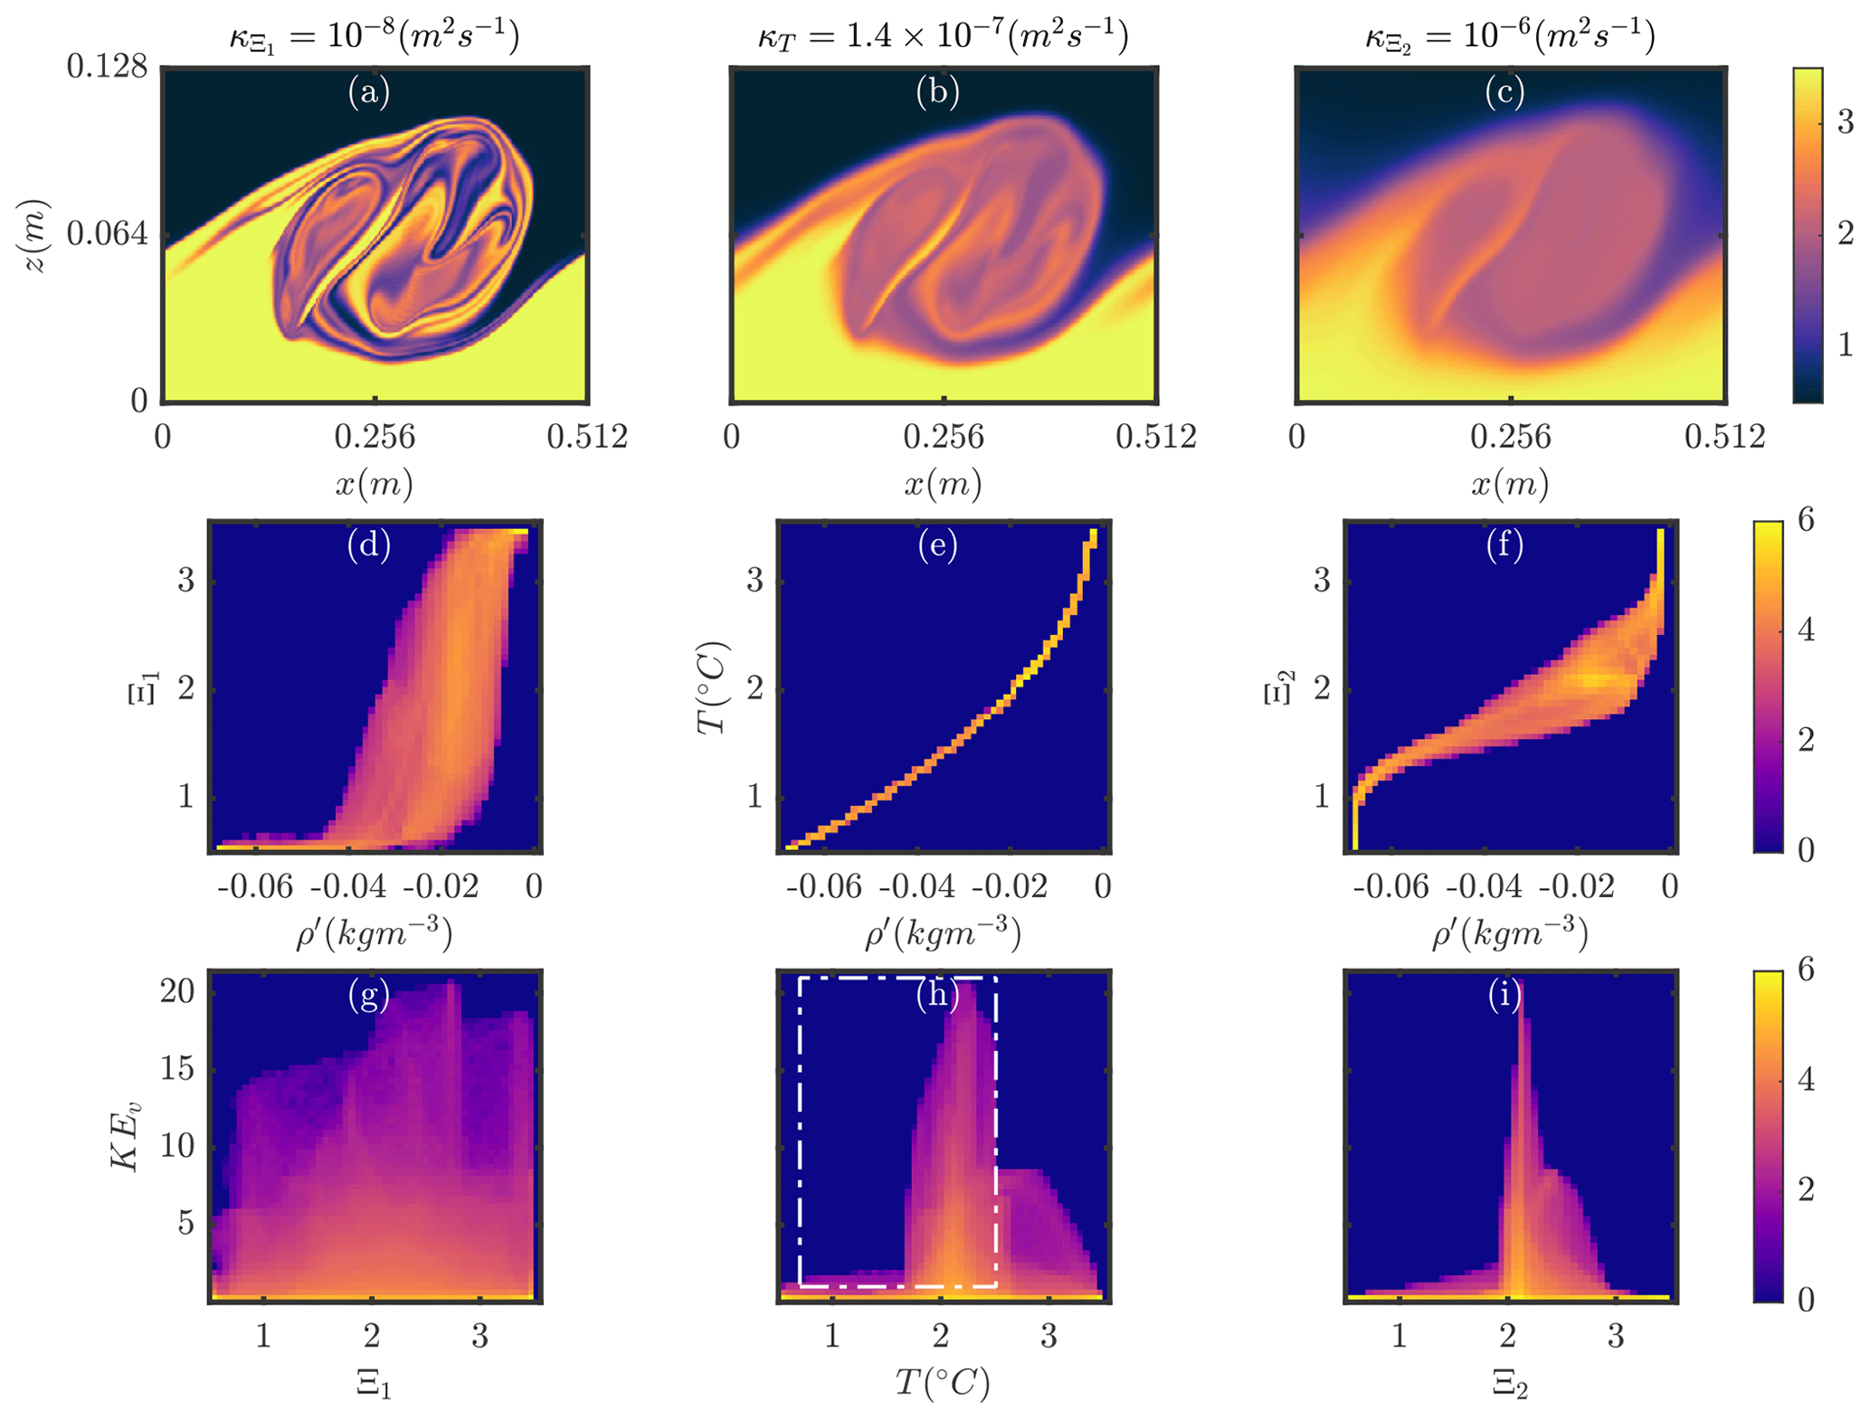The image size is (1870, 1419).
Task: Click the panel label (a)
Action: pyautogui.click(x=368, y=92)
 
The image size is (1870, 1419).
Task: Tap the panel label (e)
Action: pyautogui.click(x=937, y=545)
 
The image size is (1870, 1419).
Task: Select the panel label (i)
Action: pyautogui.click(x=1505, y=995)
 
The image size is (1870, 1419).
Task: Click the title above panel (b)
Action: pyautogui.click(x=943, y=36)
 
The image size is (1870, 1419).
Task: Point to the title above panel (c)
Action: pyautogui.click(x=1510, y=36)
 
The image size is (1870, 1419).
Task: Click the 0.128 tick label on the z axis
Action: pyautogui.click(x=107, y=66)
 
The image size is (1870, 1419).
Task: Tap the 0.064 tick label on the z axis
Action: pyautogui.click(x=107, y=233)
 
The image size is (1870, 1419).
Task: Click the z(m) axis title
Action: pyautogui.click(x=34, y=235)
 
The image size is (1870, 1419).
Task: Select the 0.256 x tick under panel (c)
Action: pyautogui.click(x=1510, y=437)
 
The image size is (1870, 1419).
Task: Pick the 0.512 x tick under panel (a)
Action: pyautogui.click(x=587, y=437)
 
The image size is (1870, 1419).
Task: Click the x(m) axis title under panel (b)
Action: pyautogui.click(x=943, y=485)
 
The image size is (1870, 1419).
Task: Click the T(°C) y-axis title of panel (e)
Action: pyautogui.click(x=713, y=687)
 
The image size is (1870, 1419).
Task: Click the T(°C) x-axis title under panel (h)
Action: pyautogui.click(x=943, y=1383)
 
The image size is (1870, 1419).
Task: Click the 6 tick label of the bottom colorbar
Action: pyautogui.click(x=1806, y=970)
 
